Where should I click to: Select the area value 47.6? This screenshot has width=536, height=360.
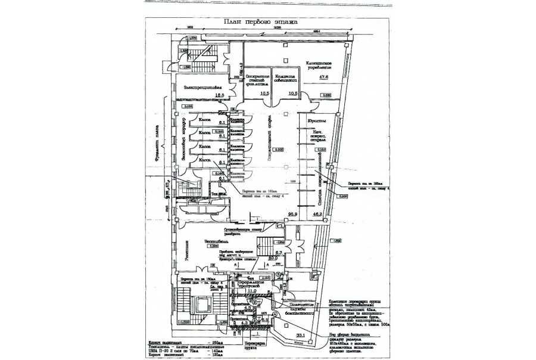(323, 77)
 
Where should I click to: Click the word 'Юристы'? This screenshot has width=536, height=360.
(316, 122)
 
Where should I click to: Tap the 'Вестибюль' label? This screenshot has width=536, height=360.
(216, 242)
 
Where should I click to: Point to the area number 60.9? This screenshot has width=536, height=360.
(274, 258)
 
